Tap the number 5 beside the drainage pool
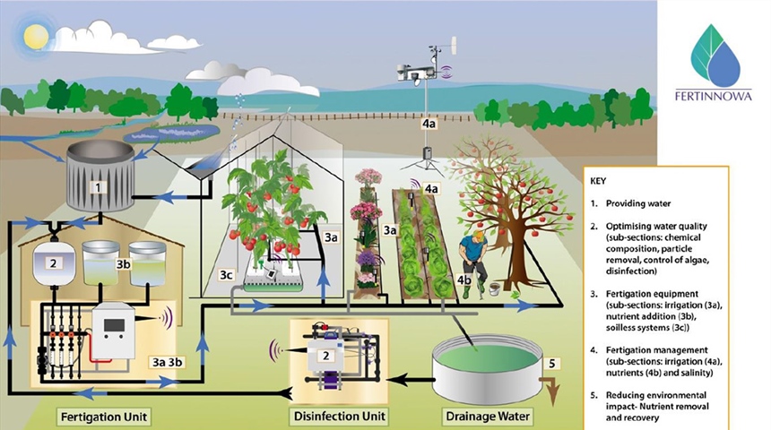click(552, 364)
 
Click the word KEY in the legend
click(600, 180)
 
